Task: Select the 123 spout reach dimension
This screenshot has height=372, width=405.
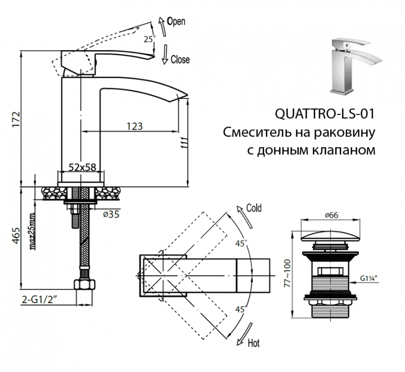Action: tap(133, 126)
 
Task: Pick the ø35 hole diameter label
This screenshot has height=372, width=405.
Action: tap(111, 215)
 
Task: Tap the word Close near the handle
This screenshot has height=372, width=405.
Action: tap(180, 60)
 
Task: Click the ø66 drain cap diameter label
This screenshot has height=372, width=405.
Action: tap(331, 215)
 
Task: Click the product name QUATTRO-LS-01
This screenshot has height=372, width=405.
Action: tap(324, 114)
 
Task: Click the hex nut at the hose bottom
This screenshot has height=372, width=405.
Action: tap(84, 285)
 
